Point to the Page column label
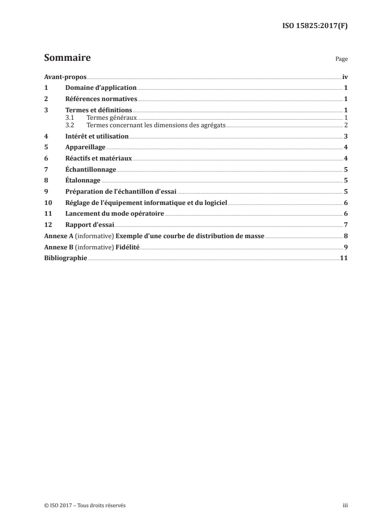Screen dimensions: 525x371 (342, 60)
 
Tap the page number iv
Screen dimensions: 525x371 (345, 77)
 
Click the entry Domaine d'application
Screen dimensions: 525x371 (101, 87)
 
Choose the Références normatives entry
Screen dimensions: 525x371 (101, 99)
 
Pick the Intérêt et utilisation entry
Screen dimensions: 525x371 (97, 136)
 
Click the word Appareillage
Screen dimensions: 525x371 (85, 147)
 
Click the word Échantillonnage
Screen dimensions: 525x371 (91, 169)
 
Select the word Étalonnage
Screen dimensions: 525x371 (84, 181)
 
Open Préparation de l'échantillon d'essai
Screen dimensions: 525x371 (121, 192)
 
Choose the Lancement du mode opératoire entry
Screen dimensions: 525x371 (115, 214)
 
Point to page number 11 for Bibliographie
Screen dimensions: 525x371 (343, 258)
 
